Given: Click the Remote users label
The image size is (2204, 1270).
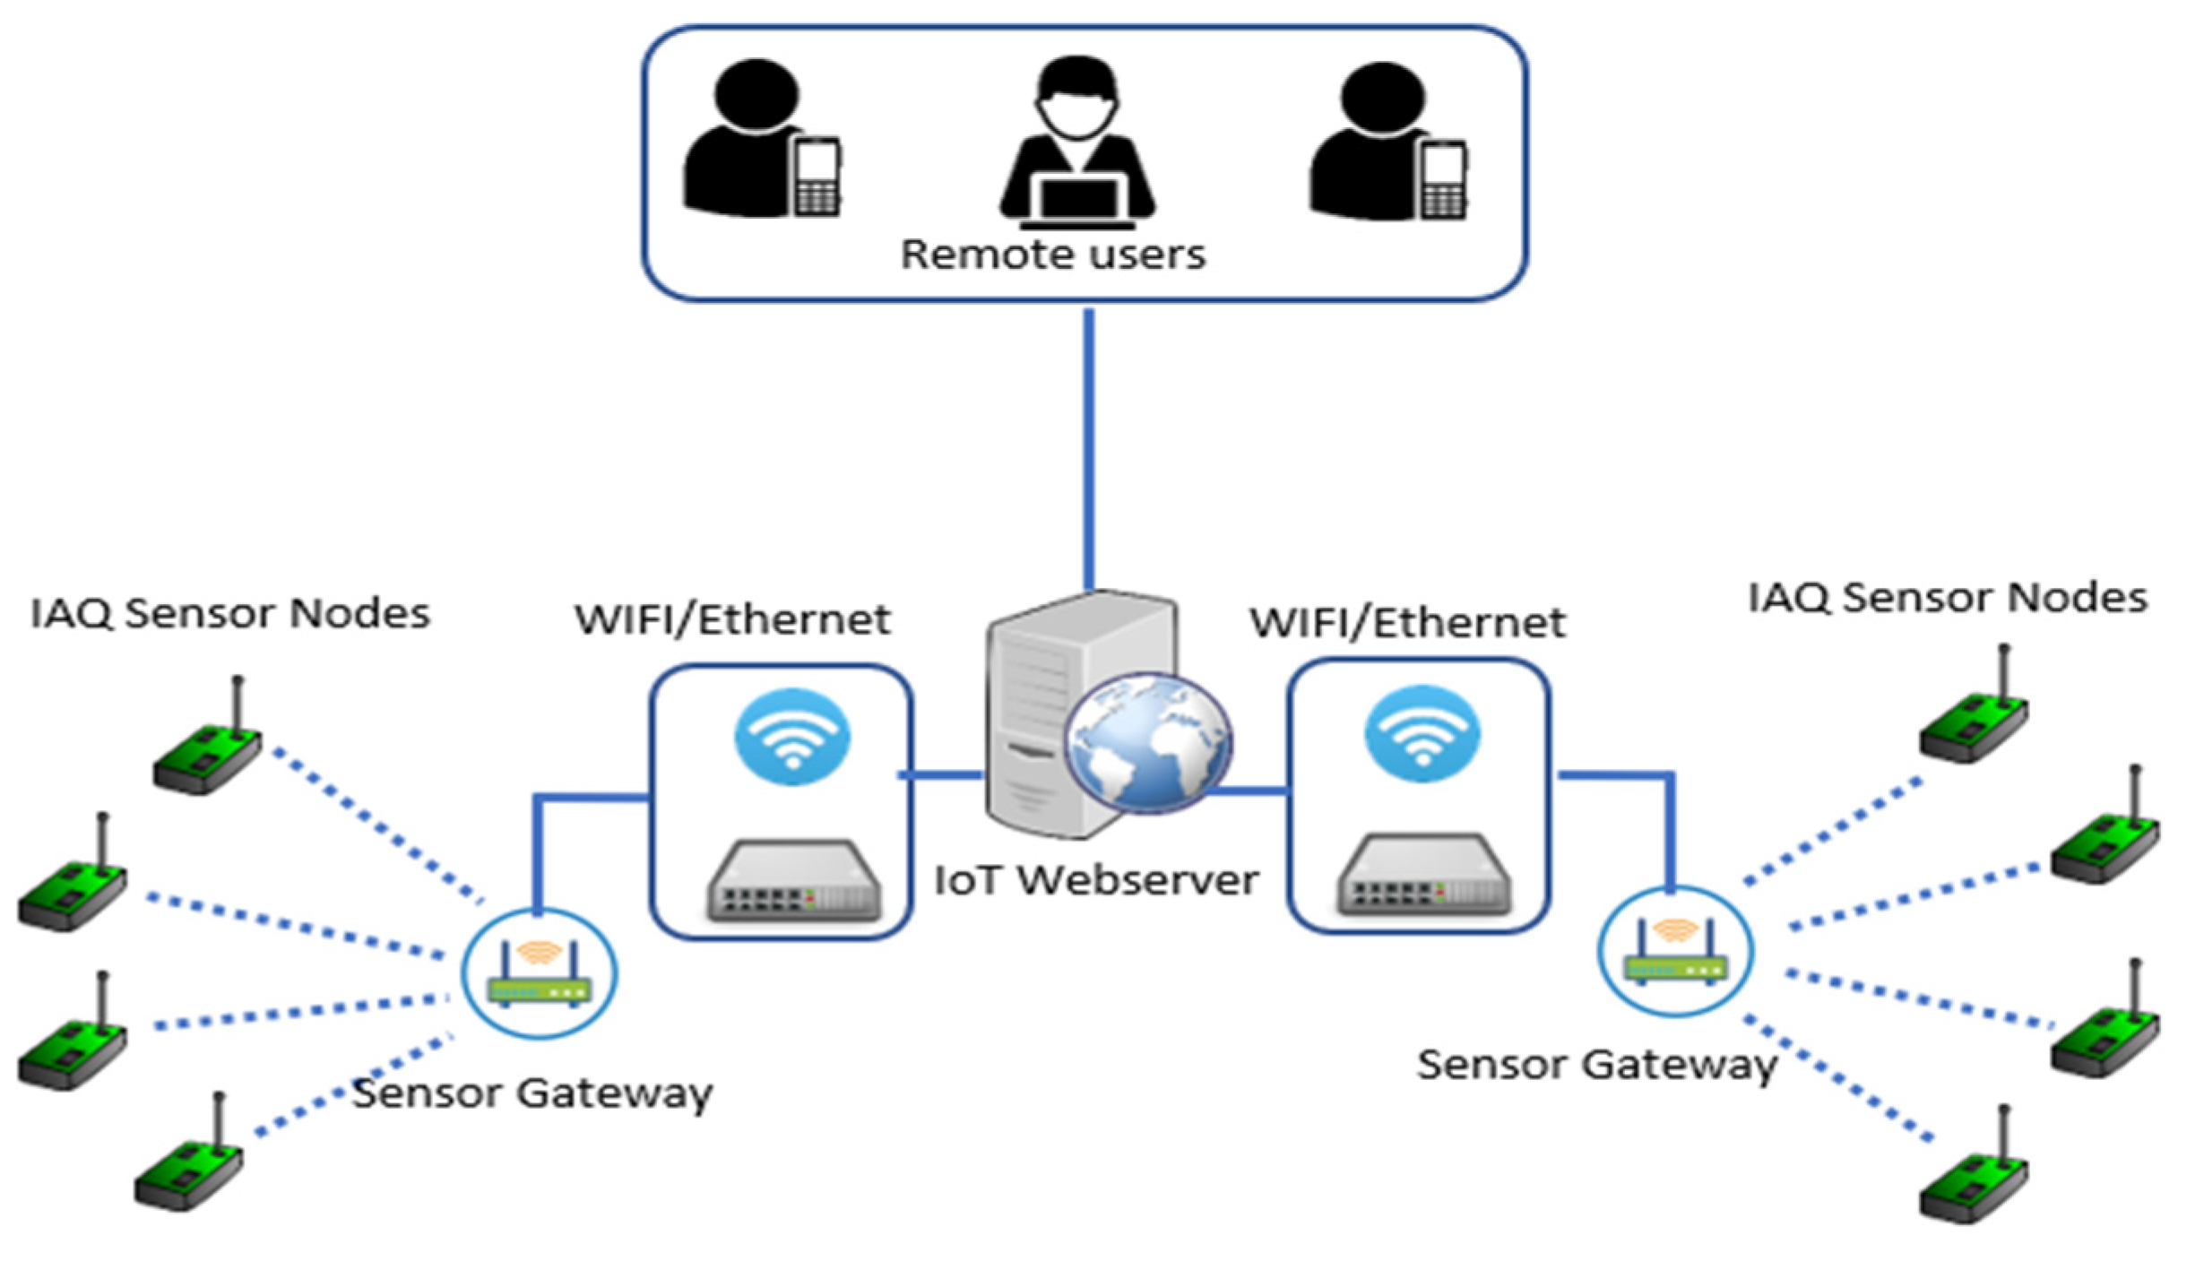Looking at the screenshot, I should [1052, 255].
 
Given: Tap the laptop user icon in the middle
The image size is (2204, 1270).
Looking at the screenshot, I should [1076, 143].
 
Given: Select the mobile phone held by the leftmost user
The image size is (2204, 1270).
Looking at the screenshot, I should [817, 177].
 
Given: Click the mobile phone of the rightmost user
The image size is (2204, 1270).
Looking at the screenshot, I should [1442, 180].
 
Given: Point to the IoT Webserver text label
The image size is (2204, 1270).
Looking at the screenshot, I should [1095, 880].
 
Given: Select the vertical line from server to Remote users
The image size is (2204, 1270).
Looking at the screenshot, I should [1088, 448].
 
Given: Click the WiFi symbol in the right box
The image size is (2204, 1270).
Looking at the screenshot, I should [1422, 734].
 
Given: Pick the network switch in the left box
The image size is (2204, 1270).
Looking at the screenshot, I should [793, 881].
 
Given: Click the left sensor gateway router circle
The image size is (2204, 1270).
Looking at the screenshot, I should [540, 974].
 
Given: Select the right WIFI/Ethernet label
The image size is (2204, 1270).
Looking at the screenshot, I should [1407, 623].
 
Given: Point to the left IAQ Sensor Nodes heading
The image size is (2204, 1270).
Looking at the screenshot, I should [230, 614].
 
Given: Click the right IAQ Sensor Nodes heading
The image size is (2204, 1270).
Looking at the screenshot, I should [1948, 598].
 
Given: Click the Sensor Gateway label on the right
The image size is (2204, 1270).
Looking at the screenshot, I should [1596, 1066].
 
